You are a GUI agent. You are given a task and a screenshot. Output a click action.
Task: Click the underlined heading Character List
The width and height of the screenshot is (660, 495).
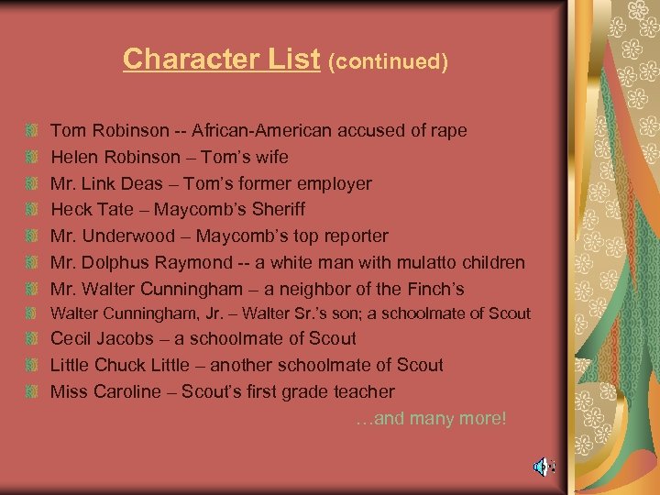pos(221,59)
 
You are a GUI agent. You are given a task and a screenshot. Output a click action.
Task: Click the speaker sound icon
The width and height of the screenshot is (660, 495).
pos(543,467)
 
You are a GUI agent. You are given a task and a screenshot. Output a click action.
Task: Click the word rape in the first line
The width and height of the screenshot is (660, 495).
pos(448,131)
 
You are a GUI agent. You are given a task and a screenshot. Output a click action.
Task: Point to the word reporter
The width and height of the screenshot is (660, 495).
pos(352,236)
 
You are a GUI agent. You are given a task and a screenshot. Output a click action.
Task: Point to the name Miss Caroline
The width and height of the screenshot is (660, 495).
pos(98,391)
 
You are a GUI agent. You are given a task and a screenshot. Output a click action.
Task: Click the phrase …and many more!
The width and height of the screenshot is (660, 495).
pos(430,418)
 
